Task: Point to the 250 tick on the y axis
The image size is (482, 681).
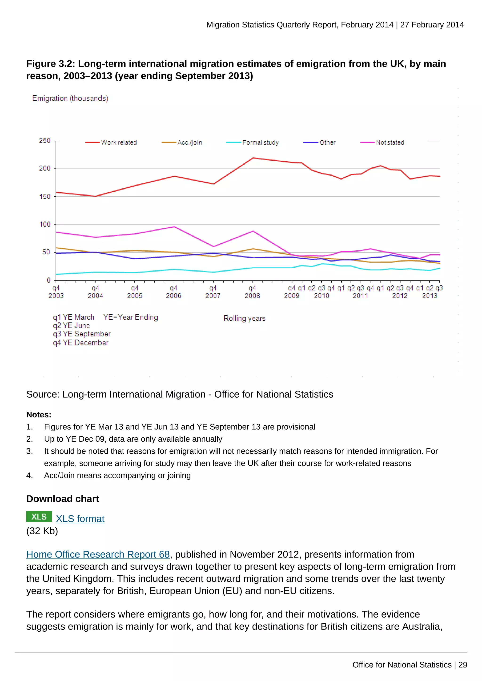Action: point(45,141)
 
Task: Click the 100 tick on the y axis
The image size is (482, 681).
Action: point(45,224)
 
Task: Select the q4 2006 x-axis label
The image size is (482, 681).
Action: point(174,292)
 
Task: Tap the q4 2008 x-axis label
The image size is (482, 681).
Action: point(252,292)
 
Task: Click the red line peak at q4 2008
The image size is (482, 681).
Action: point(253,158)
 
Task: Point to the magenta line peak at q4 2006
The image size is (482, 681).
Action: point(174,227)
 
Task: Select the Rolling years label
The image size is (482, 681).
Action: point(244,318)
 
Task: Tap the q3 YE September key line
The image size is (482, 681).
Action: point(82,334)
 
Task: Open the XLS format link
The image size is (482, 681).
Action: point(80,519)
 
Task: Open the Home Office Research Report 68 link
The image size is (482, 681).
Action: point(98,554)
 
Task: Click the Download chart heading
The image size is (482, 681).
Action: point(63,499)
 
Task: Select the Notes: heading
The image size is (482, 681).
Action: point(39,415)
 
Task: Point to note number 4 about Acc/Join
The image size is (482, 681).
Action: point(117,475)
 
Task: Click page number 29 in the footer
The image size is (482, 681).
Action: point(463,665)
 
